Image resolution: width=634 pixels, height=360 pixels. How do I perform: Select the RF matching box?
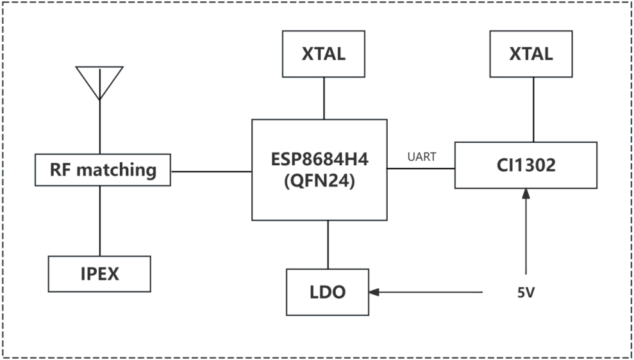(103, 170)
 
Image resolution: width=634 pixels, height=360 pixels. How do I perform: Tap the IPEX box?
(100, 274)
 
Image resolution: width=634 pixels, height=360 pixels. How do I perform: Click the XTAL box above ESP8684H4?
(324, 54)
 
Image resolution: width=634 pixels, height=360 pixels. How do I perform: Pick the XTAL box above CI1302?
(531, 54)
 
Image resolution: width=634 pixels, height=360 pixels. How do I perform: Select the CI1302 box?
(526, 165)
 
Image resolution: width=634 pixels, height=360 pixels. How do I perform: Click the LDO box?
(328, 292)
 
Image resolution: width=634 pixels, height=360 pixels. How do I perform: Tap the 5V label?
(526, 293)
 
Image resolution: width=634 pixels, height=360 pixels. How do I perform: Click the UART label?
(421, 157)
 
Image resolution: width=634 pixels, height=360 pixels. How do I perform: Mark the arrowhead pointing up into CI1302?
(526, 193)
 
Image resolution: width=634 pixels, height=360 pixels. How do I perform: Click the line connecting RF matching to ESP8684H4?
(212, 171)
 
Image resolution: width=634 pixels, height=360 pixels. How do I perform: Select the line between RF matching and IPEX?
(100, 221)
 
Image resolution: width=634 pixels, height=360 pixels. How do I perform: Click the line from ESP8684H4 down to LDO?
(328, 245)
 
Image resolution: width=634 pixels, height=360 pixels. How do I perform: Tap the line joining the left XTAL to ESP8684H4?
(324, 98)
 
